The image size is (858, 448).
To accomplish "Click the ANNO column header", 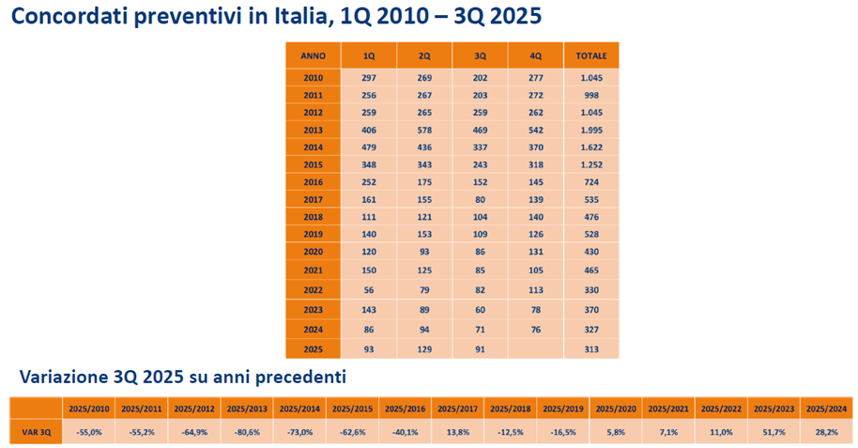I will (314, 56).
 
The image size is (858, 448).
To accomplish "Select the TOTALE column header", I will (591, 56).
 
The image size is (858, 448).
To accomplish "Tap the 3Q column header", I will (480, 56).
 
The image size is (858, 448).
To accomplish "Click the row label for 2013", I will (314, 129).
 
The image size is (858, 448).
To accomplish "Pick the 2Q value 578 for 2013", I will (424, 129).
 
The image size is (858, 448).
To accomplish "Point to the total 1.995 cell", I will (591, 129).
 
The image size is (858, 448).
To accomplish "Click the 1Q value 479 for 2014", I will (369, 147).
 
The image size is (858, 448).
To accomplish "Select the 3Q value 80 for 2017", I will (480, 199).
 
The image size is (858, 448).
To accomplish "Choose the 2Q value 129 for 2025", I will (424, 349).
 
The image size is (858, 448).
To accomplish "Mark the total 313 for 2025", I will (591, 349).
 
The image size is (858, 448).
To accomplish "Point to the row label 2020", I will (314, 253).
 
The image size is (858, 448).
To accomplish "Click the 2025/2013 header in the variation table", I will (247, 409).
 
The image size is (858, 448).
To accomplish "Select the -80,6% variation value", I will (247, 431).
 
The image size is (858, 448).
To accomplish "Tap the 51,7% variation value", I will (774, 431).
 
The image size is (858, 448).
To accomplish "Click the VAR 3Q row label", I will (37, 431).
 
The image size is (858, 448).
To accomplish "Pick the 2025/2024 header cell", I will (826, 409).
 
